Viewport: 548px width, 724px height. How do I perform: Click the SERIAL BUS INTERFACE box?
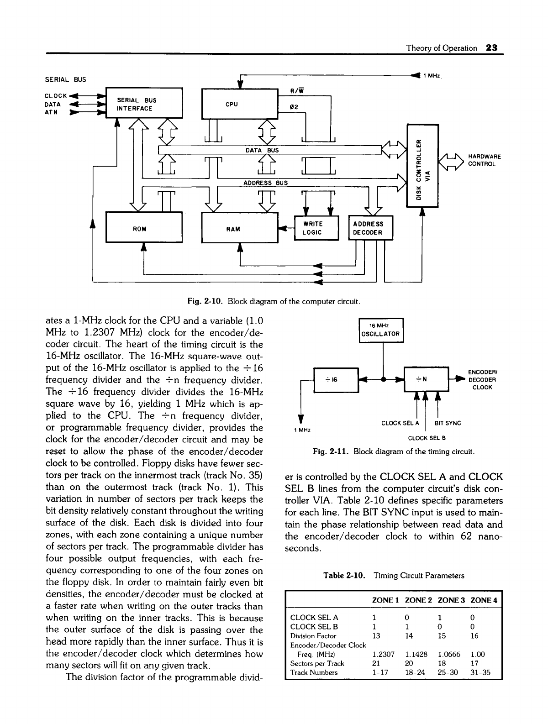tap(144, 104)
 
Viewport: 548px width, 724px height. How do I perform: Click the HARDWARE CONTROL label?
tap(485, 161)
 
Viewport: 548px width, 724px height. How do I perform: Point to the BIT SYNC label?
tap(448, 423)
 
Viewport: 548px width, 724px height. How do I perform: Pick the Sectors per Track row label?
tap(317, 663)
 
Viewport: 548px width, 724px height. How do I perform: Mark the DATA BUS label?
tap(259, 150)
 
